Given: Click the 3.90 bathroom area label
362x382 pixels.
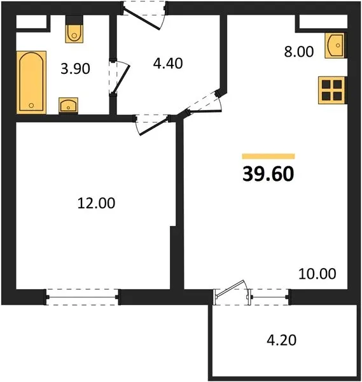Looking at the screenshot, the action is [75, 69].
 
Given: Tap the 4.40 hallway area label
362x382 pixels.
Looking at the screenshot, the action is [168, 63].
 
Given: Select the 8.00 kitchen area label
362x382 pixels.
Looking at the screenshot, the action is [299, 52].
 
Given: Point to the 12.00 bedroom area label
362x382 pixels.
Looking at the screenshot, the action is [96, 203].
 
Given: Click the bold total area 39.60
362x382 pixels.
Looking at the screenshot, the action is [268, 174].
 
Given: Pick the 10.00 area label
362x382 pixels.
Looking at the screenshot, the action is [317, 274].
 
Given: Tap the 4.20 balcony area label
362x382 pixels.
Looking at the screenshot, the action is [282, 340].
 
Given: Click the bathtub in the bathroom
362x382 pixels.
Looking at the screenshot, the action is [31, 82].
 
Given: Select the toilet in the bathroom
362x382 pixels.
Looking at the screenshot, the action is [74, 29].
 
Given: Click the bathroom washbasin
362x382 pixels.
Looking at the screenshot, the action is [69, 105].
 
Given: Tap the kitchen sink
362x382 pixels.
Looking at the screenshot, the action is [335, 46].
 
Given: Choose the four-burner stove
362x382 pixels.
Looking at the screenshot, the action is [331, 90].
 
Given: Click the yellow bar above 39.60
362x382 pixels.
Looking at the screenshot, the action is [268, 156].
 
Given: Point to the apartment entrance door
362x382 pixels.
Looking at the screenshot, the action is [144, 15].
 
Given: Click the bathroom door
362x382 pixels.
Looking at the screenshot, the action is [119, 77].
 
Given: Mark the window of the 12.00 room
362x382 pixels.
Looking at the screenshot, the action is [82, 297].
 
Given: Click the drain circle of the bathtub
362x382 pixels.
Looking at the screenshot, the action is [31, 106].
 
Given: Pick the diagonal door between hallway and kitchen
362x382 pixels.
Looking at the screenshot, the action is [204, 104].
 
